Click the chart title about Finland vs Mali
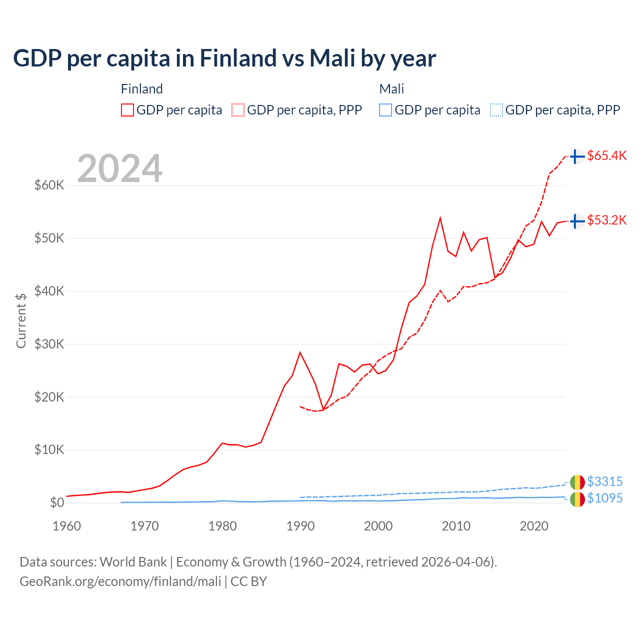tap(224, 58)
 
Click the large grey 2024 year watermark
tap(120, 168)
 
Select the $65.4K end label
tap(606, 155)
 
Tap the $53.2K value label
tap(606, 220)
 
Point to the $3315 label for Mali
tap(604, 481)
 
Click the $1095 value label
tap(604, 498)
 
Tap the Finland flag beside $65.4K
tap(577, 156)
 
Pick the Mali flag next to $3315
tap(577, 482)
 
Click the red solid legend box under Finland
tap(127, 110)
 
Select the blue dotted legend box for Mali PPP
tap(496, 110)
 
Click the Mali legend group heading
tap(391, 89)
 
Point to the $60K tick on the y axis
tap(49, 185)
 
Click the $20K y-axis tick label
tap(49, 397)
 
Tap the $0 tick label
tap(57, 502)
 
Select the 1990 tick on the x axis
tap(300, 526)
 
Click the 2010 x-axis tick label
tap(456, 526)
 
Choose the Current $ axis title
tap(21, 320)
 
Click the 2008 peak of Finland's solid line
tap(440, 218)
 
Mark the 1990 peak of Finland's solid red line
tap(300, 352)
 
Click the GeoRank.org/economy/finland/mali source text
tap(120, 581)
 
